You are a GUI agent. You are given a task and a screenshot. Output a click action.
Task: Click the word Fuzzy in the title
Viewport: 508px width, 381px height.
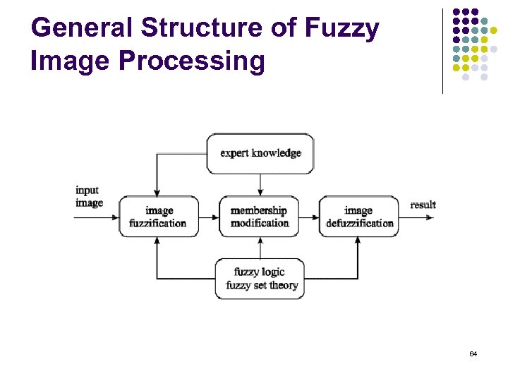pyautogui.click(x=343, y=28)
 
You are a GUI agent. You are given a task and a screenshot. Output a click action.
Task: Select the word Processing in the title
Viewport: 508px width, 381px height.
pyautogui.click(x=190, y=61)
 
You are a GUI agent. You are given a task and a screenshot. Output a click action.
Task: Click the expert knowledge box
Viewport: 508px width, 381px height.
pyautogui.click(x=260, y=153)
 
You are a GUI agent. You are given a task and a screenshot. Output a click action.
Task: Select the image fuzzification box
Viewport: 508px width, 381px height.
pyautogui.click(x=158, y=217)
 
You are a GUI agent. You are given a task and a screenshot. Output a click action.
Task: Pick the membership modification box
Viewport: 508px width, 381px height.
pyautogui.click(x=260, y=217)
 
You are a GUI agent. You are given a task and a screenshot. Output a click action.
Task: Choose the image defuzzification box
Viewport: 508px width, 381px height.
pyautogui.click(x=359, y=217)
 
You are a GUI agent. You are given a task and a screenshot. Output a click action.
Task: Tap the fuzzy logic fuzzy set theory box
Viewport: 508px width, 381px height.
pyautogui.click(x=260, y=279)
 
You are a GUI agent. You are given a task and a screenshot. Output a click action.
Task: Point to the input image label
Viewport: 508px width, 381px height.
pyautogui.click(x=89, y=196)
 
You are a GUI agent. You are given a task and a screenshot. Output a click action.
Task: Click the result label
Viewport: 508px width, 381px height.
pyautogui.click(x=423, y=205)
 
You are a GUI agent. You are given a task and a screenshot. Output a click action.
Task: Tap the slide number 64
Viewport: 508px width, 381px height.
pyautogui.click(x=473, y=353)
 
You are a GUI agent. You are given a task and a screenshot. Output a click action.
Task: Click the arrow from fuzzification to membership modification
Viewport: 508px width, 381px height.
pyautogui.click(x=210, y=217)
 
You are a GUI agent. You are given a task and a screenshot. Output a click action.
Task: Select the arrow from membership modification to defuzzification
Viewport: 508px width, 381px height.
pyautogui.click(x=309, y=217)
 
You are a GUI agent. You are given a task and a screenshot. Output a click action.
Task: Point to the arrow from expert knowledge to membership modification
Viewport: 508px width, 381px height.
pyautogui.click(x=260, y=184)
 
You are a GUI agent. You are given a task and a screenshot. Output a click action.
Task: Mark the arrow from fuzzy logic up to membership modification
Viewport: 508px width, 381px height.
pyautogui.click(x=260, y=248)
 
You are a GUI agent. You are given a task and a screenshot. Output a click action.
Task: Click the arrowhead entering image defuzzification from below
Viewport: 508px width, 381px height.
pyautogui.click(x=358, y=241)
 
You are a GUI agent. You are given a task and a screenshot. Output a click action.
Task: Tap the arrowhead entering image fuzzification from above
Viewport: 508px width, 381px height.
pyautogui.click(x=157, y=192)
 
